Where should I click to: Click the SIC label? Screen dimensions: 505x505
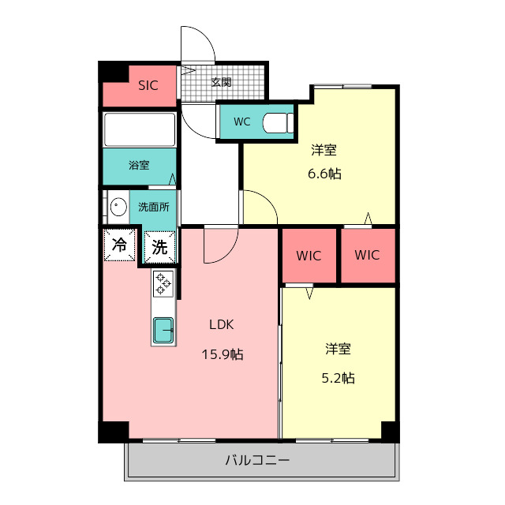[x=148, y=85]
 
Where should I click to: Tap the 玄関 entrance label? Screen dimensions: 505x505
[x=221, y=81]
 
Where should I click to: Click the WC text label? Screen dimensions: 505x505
[x=242, y=122]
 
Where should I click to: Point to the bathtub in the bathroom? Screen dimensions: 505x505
[x=140, y=129]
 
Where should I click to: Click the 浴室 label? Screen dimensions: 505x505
[x=140, y=166]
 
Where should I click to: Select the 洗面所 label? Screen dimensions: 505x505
[x=154, y=208]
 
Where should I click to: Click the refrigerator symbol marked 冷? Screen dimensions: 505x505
[x=120, y=245]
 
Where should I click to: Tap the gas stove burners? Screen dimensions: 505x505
[x=163, y=283]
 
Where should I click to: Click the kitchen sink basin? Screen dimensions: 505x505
[x=163, y=329]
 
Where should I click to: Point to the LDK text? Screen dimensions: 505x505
[x=221, y=324]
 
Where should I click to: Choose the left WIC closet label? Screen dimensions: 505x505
[x=309, y=256]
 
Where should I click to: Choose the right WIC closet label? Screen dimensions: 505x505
[x=367, y=255]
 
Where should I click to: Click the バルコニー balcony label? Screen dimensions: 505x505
[x=257, y=460]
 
